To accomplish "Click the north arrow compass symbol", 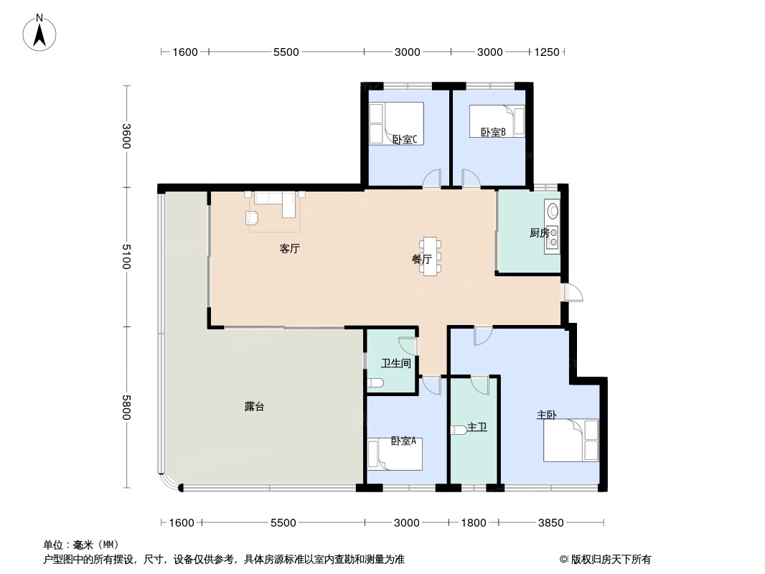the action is [39, 33].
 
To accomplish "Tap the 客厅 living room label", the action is [289, 249].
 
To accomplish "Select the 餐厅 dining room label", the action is [421, 260].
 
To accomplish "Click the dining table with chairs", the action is [431, 256].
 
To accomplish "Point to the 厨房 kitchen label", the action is [539, 233].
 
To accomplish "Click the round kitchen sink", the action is [553, 211].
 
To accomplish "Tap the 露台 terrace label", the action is [254, 407].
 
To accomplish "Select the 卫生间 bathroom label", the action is [395, 363].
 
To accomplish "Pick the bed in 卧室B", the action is [497, 121].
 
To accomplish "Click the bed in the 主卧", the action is [571, 440].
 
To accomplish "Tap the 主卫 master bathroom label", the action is [477, 427].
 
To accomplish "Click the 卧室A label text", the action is [403, 441].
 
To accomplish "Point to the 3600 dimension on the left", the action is [126, 136].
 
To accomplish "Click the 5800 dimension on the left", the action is [126, 408].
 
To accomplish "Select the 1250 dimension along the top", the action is [546, 52].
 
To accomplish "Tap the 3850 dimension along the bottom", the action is [551, 523].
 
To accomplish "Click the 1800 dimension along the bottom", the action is [474, 523].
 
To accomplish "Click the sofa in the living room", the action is [276, 202].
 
